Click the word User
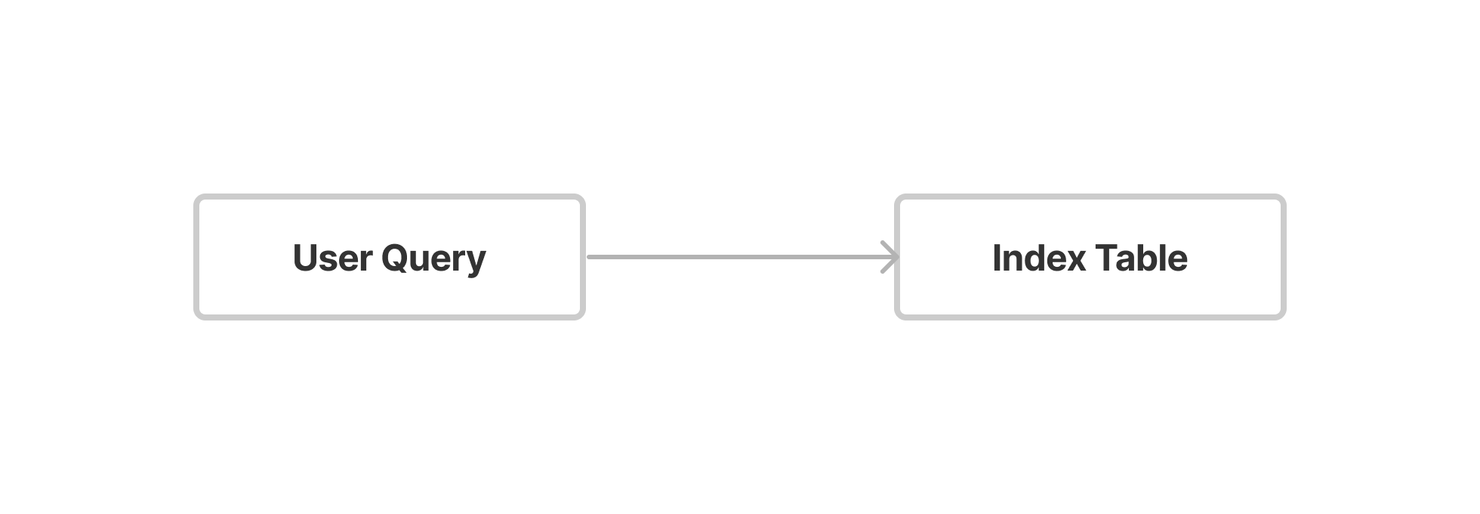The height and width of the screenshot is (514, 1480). coord(332,258)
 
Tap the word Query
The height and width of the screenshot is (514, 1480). coord(433,260)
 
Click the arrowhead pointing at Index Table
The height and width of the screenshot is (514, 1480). coord(891,257)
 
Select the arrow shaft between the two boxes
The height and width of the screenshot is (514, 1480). coord(743,257)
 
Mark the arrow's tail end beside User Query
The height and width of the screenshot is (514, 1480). coord(588,257)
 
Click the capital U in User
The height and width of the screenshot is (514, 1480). coord(305,258)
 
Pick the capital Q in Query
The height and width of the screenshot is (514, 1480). coord(396,259)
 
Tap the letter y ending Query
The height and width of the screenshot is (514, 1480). coord(476,265)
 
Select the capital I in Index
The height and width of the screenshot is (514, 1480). coord(996,258)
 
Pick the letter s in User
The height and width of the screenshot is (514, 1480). coord(330,262)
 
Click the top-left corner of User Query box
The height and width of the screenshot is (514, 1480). coord(196,197)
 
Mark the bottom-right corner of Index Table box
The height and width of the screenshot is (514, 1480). coord(1284,317)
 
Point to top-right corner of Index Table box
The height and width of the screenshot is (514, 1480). coord(1284,197)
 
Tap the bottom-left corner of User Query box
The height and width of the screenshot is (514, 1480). coord(196,317)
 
